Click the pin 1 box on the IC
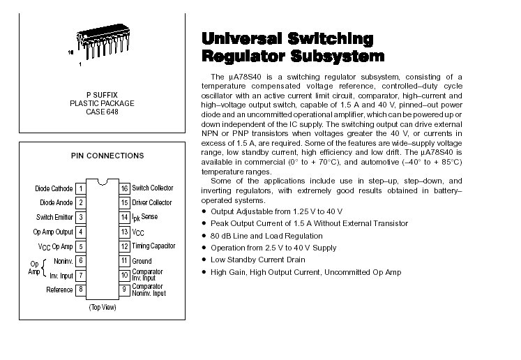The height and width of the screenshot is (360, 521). [81, 188]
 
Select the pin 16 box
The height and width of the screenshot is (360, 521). [124, 188]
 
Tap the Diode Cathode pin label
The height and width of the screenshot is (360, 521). [54, 188]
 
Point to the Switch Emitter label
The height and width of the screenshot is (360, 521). [54, 217]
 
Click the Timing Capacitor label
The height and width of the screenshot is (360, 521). [153, 246]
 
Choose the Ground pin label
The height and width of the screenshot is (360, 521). [142, 261]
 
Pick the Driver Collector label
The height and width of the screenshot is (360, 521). [152, 203]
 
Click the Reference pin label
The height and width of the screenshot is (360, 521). [59, 290]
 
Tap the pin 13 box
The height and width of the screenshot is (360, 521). [124, 232]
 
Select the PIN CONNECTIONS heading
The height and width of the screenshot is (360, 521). [107, 156]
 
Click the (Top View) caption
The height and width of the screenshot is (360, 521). [102, 308]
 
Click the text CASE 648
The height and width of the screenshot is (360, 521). [102, 112]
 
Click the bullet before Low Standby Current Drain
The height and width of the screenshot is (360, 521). [204, 260]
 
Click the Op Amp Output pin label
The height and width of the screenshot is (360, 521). [53, 232]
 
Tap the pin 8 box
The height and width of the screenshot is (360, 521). [81, 290]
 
